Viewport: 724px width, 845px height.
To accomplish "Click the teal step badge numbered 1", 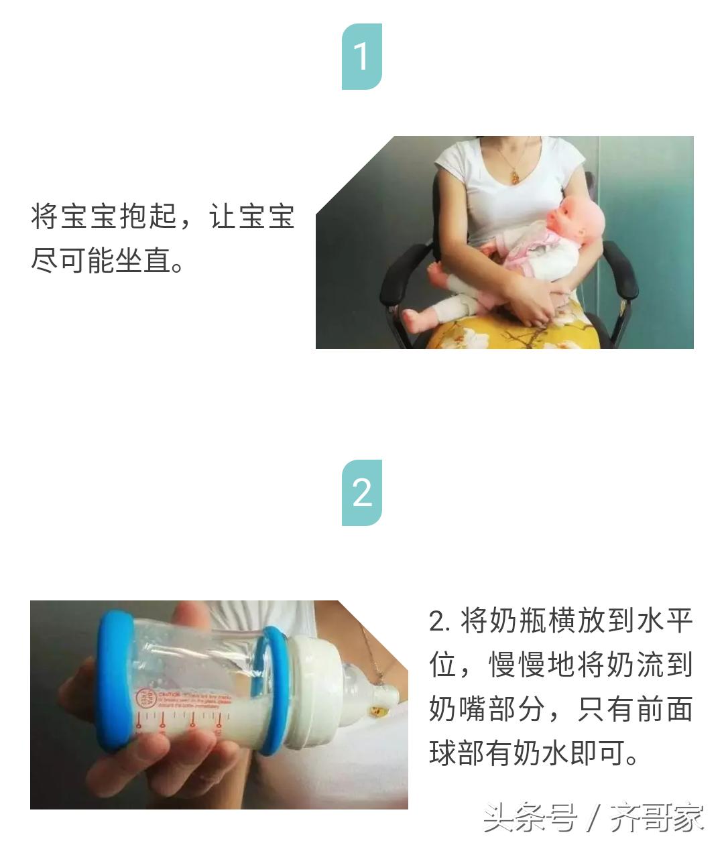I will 362,57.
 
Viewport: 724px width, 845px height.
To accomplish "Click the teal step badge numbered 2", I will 362,493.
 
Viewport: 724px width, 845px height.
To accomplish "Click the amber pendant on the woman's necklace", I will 514,176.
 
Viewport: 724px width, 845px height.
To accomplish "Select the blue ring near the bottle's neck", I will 275,690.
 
